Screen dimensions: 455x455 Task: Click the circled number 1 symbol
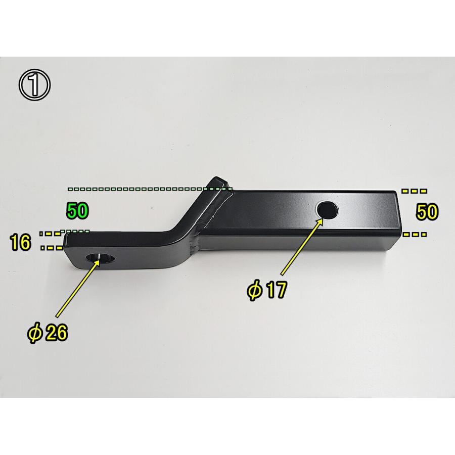34,85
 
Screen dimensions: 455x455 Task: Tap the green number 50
77,211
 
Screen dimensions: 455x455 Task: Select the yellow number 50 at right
427,212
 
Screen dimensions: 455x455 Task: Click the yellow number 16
20,243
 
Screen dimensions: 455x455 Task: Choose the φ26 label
48,333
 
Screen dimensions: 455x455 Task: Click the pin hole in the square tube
328,210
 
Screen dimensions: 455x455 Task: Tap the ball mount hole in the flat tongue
100,258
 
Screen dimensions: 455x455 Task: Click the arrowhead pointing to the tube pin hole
320,222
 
